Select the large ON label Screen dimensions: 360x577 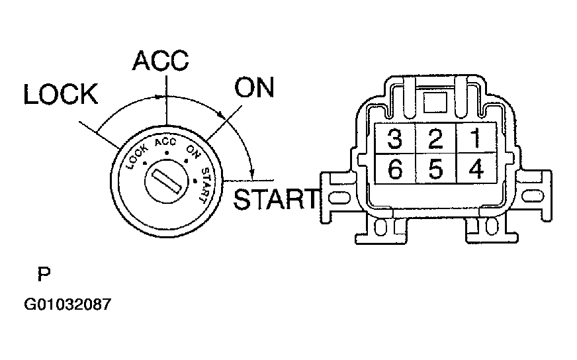click(254, 87)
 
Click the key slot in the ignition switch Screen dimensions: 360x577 click(165, 179)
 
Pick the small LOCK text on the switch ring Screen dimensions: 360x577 click(137, 154)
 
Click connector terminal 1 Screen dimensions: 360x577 click(474, 139)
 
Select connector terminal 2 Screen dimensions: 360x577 click(435, 139)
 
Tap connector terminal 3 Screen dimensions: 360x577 click(395, 139)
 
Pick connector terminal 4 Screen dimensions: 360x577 click(474, 169)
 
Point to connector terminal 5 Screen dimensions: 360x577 click(435, 169)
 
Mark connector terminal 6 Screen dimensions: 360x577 click(395, 169)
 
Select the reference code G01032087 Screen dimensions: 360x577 click(67, 306)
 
